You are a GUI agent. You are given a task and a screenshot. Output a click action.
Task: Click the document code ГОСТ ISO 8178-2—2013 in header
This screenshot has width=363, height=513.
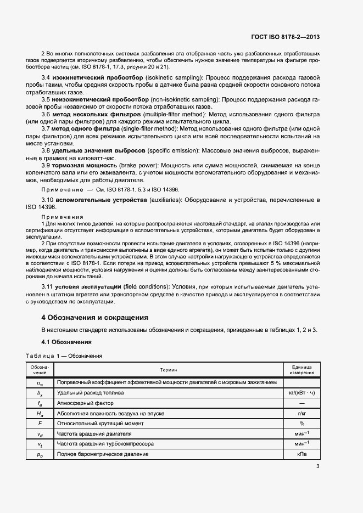tap(285, 37)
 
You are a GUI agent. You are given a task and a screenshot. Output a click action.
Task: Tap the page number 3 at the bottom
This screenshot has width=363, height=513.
tap(318, 467)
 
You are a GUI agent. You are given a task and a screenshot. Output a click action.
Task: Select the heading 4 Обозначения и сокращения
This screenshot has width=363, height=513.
tap(95, 318)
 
